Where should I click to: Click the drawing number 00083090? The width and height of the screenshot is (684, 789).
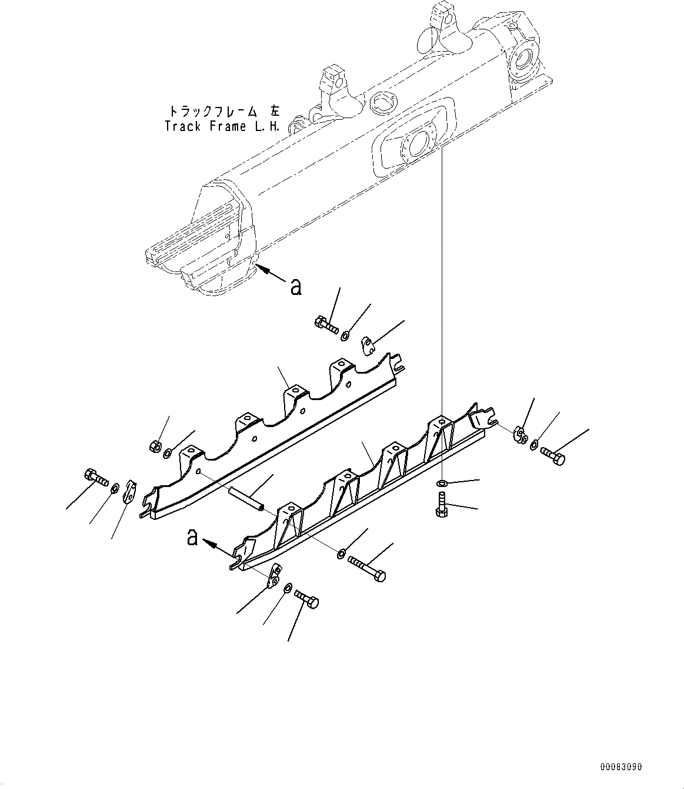[x=621, y=767]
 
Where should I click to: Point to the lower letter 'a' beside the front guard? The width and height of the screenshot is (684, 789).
[x=192, y=537]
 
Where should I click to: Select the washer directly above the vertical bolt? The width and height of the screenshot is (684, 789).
[x=442, y=483]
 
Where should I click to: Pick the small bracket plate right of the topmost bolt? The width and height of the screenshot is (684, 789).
[x=369, y=345]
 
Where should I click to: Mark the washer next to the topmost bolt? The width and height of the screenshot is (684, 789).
[x=345, y=335]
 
